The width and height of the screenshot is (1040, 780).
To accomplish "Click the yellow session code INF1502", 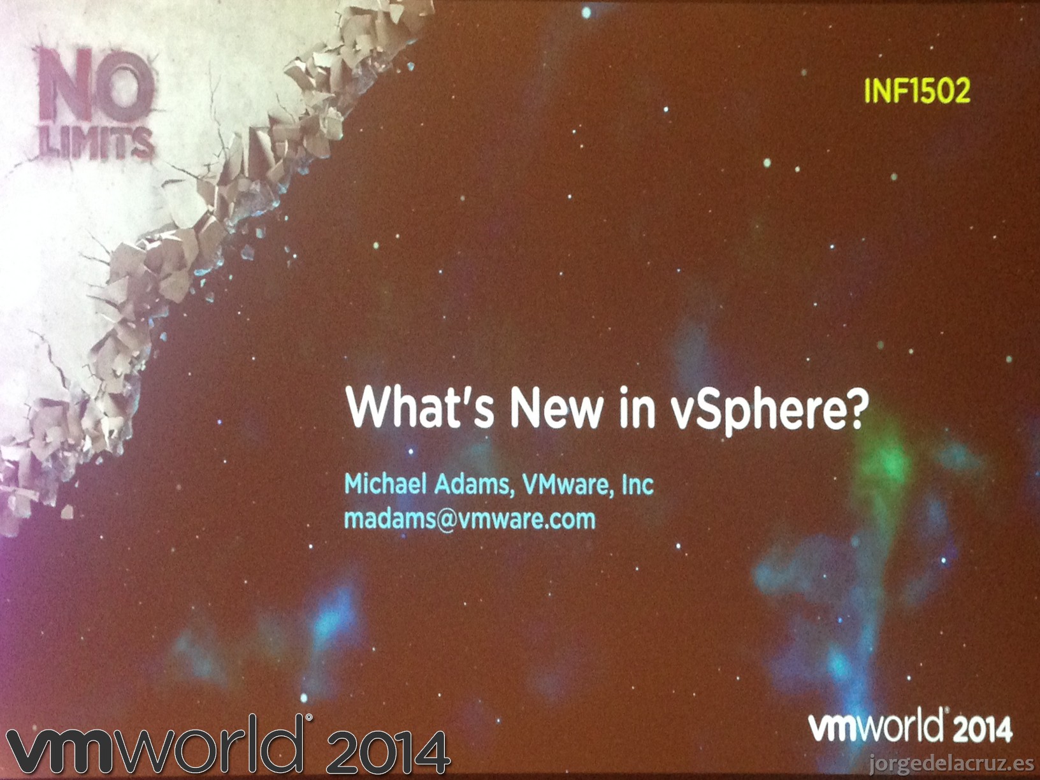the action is pos(917,90).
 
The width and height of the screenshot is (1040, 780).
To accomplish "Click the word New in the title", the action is pos(556,407).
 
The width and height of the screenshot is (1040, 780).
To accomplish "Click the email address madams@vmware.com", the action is pos(470,519).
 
